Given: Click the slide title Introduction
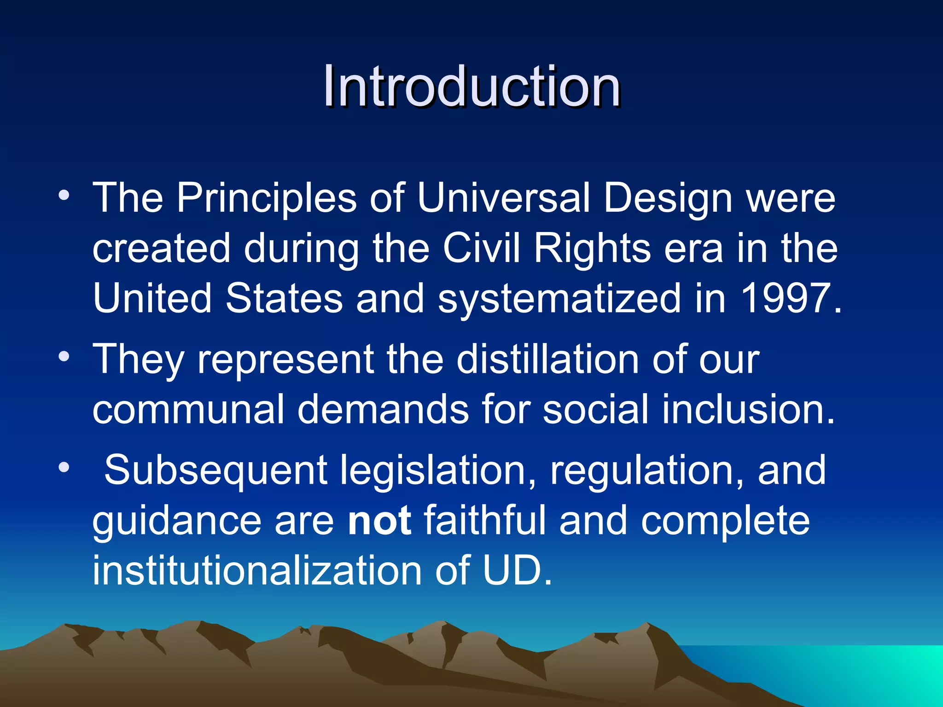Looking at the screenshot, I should pos(471,86).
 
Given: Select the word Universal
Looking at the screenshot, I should pos(504,198).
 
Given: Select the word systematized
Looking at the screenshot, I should pos(559,299).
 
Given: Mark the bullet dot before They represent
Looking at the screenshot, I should pos(64,357).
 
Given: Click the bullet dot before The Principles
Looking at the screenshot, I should pos(64,196).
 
